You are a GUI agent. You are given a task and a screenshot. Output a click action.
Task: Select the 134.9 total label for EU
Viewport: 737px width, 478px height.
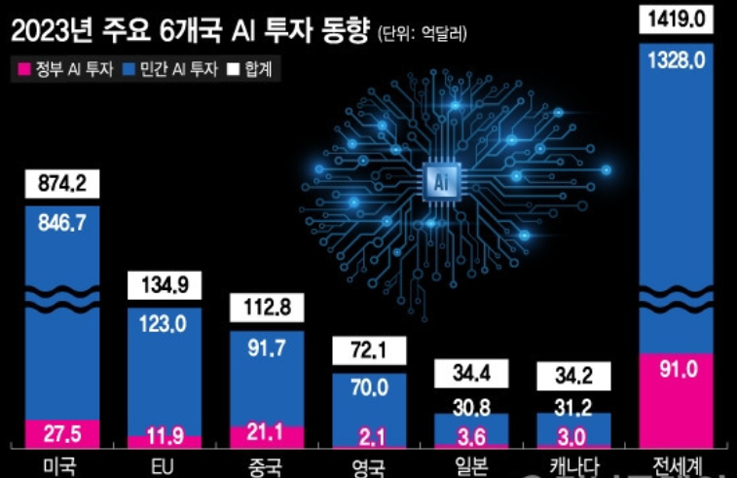(x=166, y=285)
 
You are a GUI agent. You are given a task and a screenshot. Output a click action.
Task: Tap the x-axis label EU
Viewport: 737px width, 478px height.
(x=166, y=465)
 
